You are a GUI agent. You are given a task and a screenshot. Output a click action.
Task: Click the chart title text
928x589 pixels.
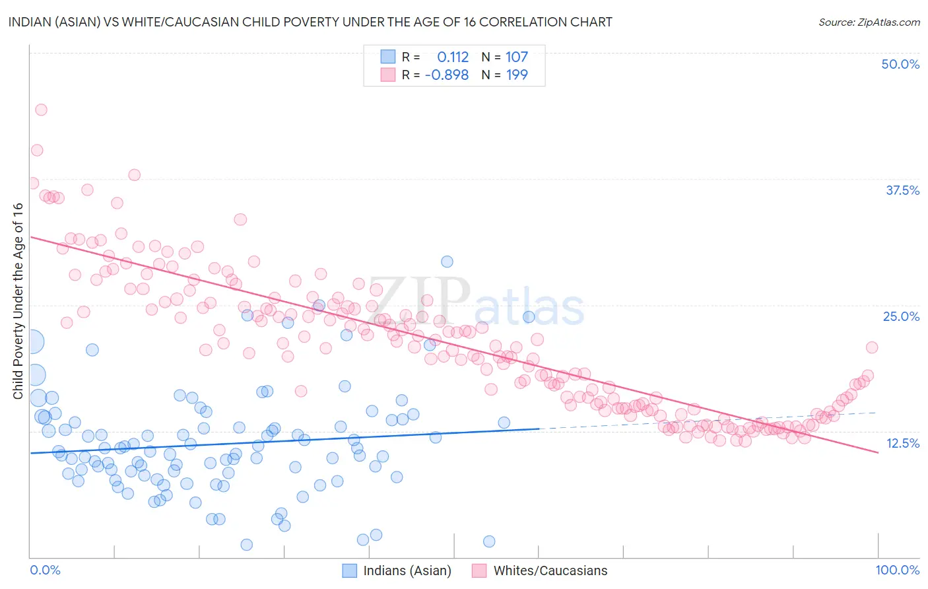pyautogui.click(x=310, y=22)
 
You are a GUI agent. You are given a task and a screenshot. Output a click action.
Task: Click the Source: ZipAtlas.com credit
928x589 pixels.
pyautogui.click(x=869, y=22)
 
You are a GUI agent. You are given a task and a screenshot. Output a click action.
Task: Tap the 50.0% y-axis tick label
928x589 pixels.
pyautogui.click(x=900, y=64)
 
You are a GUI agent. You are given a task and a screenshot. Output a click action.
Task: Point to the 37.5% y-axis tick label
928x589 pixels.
pyautogui.click(x=902, y=190)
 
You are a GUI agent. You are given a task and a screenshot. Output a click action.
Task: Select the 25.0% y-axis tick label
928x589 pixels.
pyautogui.click(x=901, y=316)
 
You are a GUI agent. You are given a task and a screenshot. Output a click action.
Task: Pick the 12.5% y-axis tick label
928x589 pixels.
pyautogui.click(x=902, y=443)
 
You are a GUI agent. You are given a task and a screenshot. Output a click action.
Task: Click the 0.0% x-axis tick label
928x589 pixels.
pyautogui.click(x=45, y=570)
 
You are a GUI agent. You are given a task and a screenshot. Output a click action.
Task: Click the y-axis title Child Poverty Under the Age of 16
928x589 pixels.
pyautogui.click(x=18, y=300)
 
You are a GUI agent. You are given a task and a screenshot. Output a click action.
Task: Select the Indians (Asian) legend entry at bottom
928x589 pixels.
pyautogui.click(x=397, y=571)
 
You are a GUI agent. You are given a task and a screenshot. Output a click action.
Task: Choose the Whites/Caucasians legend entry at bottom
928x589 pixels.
pyautogui.click(x=540, y=571)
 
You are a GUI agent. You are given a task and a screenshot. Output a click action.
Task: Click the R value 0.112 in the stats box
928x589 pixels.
pyautogui.click(x=453, y=57)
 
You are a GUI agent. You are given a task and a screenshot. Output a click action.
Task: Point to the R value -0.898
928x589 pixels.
pyautogui.click(x=447, y=75)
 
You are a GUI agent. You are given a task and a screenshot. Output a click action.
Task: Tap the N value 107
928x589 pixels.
pyautogui.click(x=517, y=57)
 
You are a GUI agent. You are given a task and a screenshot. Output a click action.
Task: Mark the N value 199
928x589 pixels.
pyautogui.click(x=517, y=75)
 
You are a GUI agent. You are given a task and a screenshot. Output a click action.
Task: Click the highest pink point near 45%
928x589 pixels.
pyautogui.click(x=41, y=110)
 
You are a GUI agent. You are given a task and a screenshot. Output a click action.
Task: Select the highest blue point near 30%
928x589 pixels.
pyautogui.click(x=447, y=261)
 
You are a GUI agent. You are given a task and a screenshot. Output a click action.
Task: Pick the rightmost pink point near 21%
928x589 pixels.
pyautogui.click(x=872, y=347)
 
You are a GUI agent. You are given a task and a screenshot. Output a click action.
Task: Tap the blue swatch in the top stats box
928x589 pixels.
pyautogui.click(x=387, y=57)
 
